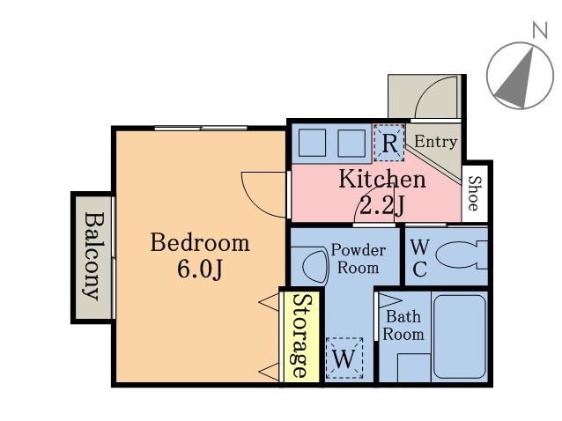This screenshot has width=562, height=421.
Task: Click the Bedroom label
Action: pyautogui.click(x=200, y=242)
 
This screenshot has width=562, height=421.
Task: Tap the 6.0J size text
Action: pyautogui.click(x=200, y=269)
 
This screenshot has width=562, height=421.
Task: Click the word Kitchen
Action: pyautogui.click(x=382, y=179)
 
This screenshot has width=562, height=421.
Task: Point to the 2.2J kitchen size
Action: pyautogui.click(x=382, y=206)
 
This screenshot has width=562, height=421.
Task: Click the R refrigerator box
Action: pyautogui.click(x=389, y=143)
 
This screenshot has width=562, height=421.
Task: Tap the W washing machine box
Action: pyautogui.click(x=344, y=358)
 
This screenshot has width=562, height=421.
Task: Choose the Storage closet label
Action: pyautogui.click(x=301, y=336)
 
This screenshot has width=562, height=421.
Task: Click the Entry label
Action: pyautogui.click(x=436, y=142)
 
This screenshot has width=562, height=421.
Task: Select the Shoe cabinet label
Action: pyautogui.click(x=475, y=193)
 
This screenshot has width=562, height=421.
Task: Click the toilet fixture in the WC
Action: pyautogui.click(x=462, y=255)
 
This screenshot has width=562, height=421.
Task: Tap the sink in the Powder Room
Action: pyautogui.click(x=315, y=267)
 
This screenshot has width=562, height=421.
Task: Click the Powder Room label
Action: pyautogui.click(x=358, y=259)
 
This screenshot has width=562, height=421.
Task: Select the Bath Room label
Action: pyautogui.click(x=403, y=326)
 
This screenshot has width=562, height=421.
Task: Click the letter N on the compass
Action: pyautogui.click(x=540, y=30)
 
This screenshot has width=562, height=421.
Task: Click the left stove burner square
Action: pyautogui.click(x=312, y=143)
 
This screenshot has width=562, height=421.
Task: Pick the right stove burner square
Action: pyautogui.click(x=351, y=143)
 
